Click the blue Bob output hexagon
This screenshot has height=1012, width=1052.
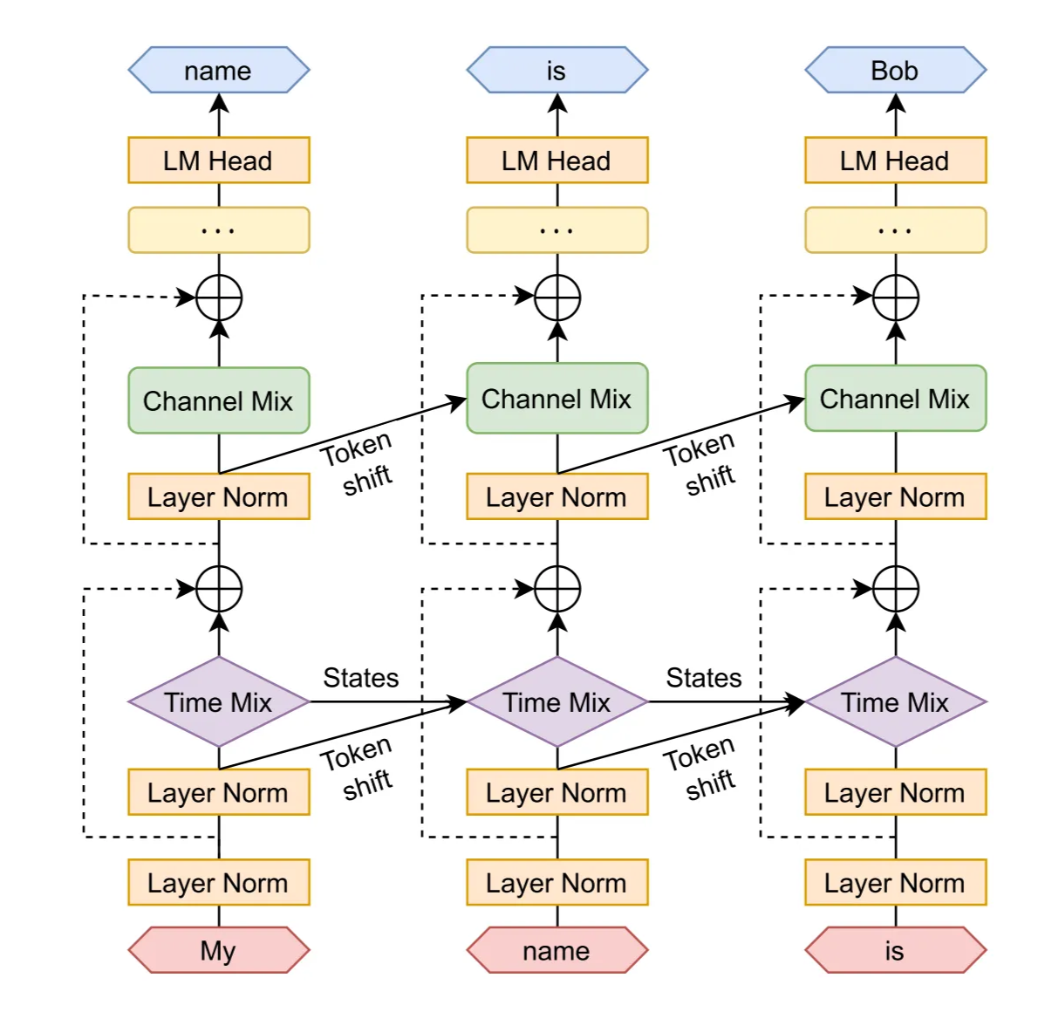pos(895,71)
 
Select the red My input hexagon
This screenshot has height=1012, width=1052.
pos(218,950)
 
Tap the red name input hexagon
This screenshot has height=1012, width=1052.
pos(557,950)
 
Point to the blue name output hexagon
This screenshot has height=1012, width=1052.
pos(218,71)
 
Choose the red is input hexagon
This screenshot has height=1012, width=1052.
pos(895,950)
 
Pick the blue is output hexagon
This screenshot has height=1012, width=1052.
pos(557,71)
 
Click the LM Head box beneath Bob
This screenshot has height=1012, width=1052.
pos(895,161)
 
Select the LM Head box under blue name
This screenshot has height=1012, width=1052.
pos(218,161)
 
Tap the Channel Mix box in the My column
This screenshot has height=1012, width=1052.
pos(218,400)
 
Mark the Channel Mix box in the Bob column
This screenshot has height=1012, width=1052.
pos(895,399)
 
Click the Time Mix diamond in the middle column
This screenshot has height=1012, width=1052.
pos(557,702)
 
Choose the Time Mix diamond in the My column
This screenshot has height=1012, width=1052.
pos(218,702)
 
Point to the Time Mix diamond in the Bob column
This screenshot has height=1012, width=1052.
pos(895,702)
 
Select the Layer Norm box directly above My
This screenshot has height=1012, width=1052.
pos(218,883)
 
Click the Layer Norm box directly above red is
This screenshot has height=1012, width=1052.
pos(895,883)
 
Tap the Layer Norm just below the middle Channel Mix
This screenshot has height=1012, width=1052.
pos(557,497)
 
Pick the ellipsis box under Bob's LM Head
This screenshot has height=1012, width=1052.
pos(895,230)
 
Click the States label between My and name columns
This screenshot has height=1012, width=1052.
pos(361,678)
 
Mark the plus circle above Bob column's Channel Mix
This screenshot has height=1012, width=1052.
pos(896,297)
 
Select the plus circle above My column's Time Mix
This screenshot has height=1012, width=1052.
pos(219,589)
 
